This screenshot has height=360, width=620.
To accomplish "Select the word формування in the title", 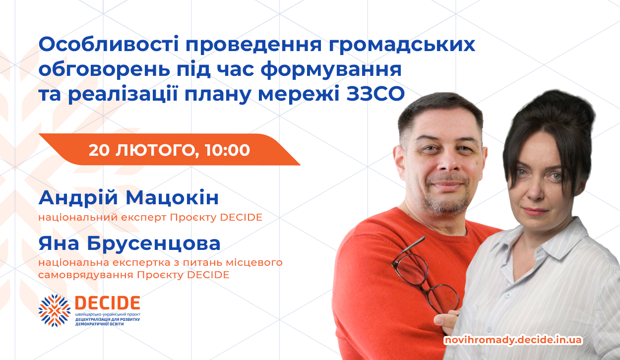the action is (331, 70).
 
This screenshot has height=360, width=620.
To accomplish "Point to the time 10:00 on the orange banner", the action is (228, 150).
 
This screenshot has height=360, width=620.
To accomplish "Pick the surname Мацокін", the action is (172, 198).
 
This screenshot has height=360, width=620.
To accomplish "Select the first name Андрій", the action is (78, 198).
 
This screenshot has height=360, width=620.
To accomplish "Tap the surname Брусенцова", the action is (154, 243).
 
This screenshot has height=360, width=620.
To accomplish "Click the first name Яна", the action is (59, 244).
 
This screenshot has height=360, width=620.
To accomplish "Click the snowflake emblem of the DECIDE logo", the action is (55, 310).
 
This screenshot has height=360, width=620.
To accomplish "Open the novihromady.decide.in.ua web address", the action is (513, 340).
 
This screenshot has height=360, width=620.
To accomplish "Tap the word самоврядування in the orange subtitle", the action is (85, 275).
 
